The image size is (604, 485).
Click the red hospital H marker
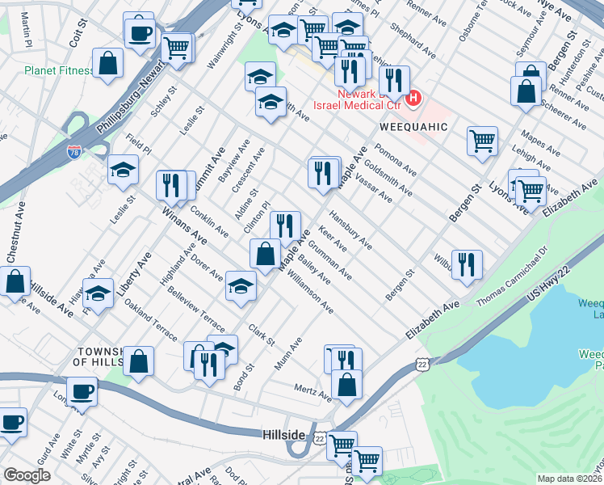click(413, 99)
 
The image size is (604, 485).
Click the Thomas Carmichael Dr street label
click(511, 289)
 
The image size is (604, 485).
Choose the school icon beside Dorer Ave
click(241, 288)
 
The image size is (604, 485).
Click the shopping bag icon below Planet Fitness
click(107, 62)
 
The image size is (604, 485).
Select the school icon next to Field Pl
click(124, 169)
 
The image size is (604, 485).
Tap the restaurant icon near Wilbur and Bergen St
click(467, 264)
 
